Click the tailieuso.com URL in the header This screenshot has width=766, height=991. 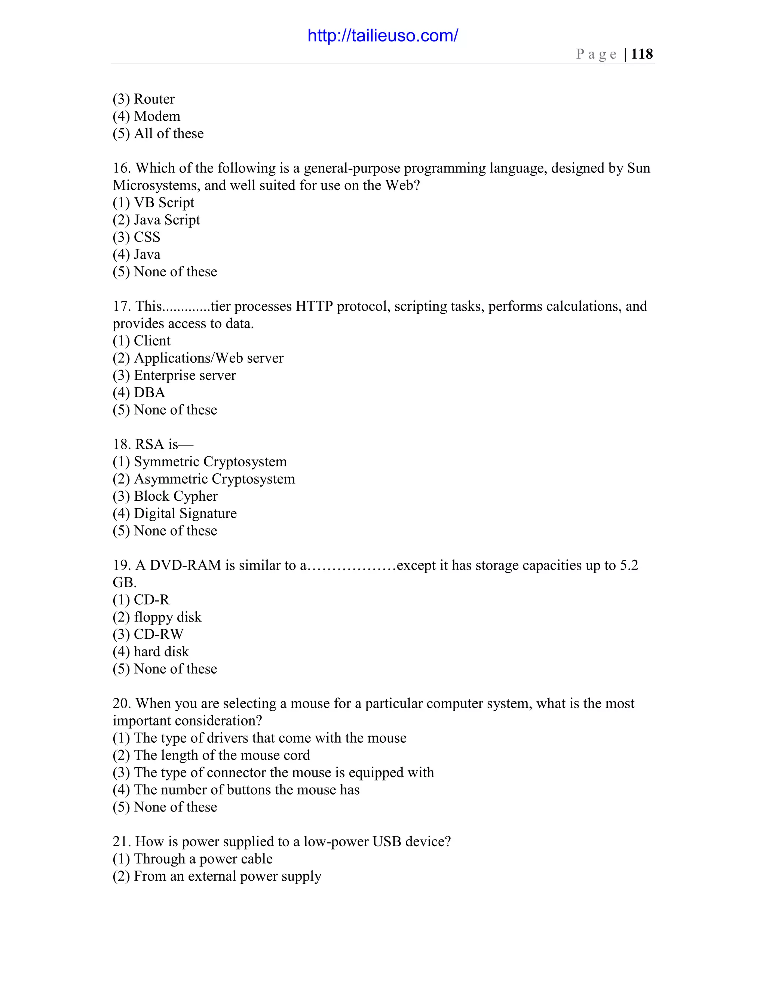[x=383, y=36]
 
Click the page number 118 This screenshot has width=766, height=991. [x=642, y=54]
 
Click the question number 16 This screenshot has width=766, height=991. [x=121, y=168]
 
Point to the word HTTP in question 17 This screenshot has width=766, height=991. [x=314, y=306]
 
